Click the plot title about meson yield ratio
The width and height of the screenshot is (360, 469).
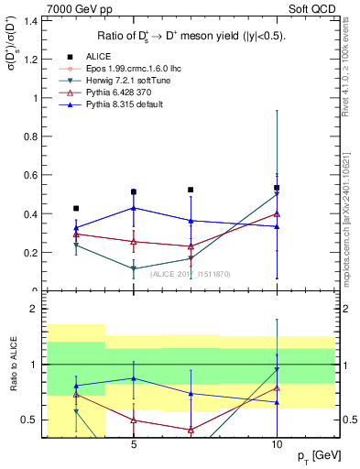(x=191, y=36)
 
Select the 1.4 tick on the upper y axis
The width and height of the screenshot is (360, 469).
(x=30, y=20)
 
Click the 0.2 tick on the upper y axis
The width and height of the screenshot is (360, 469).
(x=30, y=253)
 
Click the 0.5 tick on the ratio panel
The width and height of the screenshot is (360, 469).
(x=30, y=420)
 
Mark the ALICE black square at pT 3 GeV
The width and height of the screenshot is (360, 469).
(x=77, y=208)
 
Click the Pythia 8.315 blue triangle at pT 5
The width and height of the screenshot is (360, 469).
(x=134, y=208)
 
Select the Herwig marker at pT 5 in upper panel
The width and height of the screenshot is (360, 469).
(x=134, y=268)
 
